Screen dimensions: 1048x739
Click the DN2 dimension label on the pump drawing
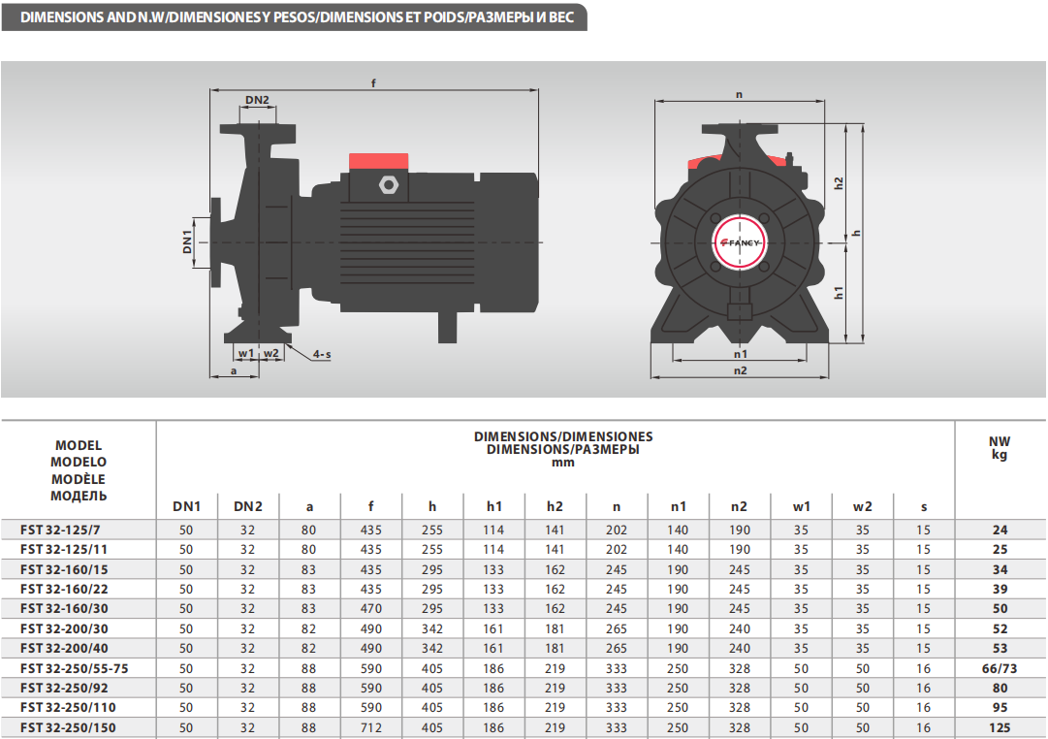tap(257, 100)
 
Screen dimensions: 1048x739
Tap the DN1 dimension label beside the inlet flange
tap(187, 241)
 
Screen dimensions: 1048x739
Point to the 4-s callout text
tap(322, 354)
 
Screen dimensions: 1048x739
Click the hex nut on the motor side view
tap(389, 184)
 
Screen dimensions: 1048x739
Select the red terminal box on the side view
tap(379, 161)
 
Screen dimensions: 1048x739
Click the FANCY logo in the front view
tap(740, 242)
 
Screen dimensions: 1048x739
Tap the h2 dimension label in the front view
tap(839, 183)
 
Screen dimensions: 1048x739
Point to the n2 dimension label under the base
tap(740, 370)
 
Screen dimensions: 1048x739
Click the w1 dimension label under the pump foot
tap(246, 353)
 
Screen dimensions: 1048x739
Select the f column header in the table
tap(371, 506)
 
